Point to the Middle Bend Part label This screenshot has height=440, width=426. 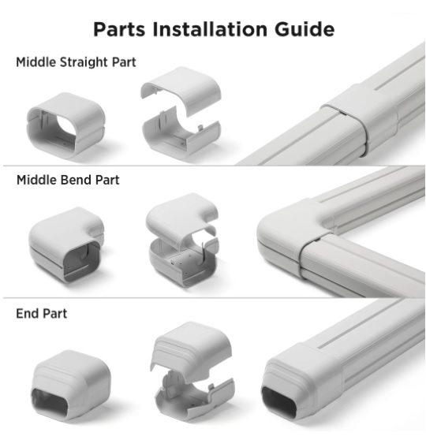click(x=68, y=180)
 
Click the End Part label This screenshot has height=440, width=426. click(x=42, y=314)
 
